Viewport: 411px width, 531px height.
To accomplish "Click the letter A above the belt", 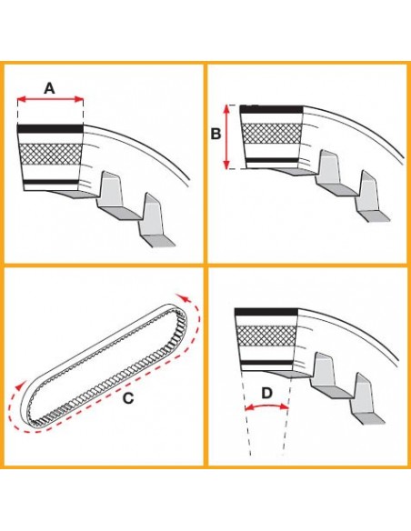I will click(x=50, y=87).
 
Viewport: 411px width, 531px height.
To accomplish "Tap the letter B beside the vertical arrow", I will click(x=216, y=134).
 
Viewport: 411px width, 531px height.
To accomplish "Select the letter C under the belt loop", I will click(x=127, y=396).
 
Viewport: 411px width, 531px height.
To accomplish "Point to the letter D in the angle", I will click(x=266, y=393).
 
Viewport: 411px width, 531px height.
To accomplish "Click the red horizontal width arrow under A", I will click(x=50, y=101).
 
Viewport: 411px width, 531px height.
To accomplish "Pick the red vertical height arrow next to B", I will click(x=227, y=136).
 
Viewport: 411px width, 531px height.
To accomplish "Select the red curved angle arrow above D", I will click(x=266, y=408).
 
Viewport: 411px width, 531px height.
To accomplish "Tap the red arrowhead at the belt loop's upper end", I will click(x=187, y=296).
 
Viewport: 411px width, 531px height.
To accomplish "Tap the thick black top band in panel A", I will click(x=51, y=128).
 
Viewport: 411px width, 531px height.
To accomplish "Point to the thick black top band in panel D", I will click(x=266, y=313).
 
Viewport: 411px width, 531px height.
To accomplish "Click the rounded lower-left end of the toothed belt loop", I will click(x=31, y=410).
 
